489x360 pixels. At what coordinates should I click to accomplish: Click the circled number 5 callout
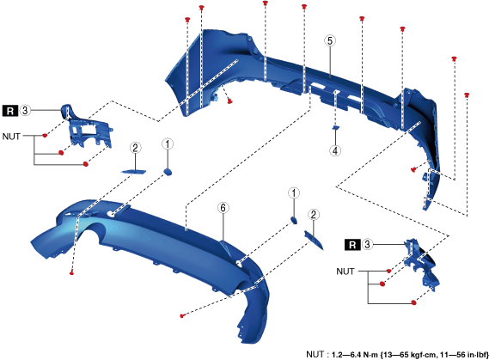coord(330,41)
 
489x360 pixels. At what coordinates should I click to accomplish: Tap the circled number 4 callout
coord(335,151)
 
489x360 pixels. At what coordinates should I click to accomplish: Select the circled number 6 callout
coord(223,208)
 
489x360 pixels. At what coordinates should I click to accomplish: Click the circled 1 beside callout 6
coord(294,193)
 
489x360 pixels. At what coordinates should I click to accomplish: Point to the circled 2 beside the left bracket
coord(135,148)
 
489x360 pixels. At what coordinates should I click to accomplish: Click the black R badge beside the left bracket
coord(10,111)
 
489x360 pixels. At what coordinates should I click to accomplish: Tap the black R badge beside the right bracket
coord(352,245)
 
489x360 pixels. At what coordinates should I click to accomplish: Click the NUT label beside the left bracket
coord(11,137)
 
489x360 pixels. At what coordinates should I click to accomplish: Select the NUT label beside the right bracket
coord(345,272)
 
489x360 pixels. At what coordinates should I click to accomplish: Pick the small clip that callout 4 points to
coord(335,127)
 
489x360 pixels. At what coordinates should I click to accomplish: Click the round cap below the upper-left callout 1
coord(168,172)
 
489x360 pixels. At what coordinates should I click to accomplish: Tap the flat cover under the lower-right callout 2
coord(314,240)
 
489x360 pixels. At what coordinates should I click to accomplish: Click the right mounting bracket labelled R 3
coord(422,264)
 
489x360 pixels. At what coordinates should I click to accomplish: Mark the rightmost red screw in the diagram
coord(467,95)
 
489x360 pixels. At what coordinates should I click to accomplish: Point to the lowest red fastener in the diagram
coord(182,315)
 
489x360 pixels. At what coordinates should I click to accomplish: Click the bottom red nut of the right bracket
coord(414,302)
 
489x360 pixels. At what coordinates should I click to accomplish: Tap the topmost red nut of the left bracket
coord(45,135)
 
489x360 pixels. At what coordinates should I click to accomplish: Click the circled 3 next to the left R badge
coord(25,110)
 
